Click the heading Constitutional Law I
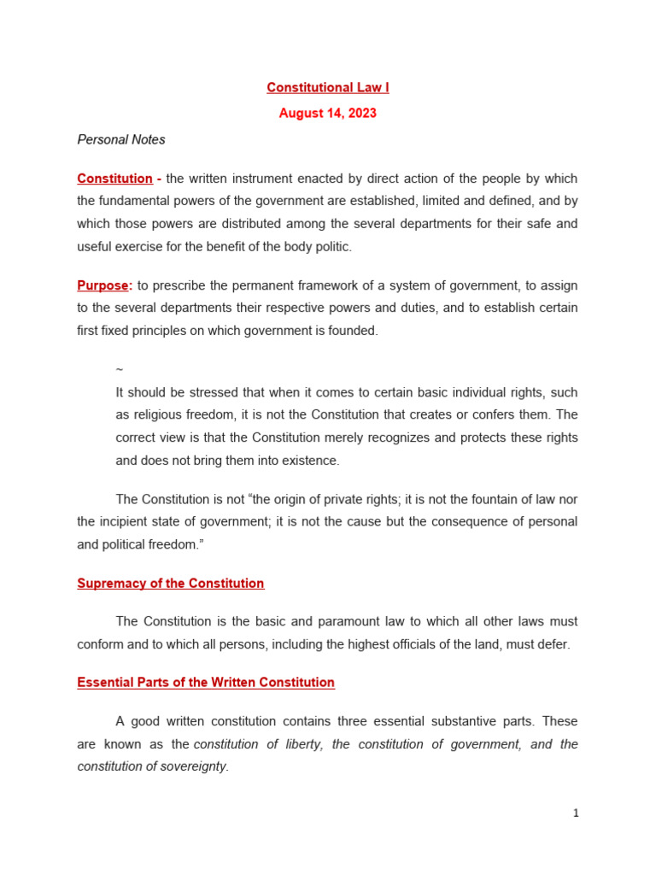327,88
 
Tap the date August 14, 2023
327,114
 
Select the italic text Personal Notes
121,139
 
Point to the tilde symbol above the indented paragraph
119,369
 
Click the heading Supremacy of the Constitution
171,584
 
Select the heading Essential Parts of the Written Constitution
206,683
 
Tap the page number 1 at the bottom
576,813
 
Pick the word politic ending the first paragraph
331,247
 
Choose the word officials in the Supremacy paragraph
413,644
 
